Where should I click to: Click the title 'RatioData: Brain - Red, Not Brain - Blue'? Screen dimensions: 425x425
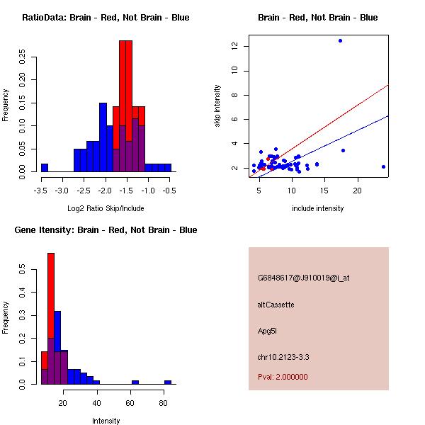pos(106,18)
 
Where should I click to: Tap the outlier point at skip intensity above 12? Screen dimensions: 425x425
pos(340,41)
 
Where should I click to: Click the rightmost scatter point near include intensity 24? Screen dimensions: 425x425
pos(383,166)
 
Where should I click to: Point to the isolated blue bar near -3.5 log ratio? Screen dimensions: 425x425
pos(45,168)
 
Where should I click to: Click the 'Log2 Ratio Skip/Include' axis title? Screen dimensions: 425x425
pos(106,208)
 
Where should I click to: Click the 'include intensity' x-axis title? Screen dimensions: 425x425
pos(318,208)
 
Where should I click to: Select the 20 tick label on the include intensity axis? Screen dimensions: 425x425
pos(358,191)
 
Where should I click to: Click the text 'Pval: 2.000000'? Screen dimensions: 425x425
pos(283,377)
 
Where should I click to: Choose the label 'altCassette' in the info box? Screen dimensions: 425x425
pos(276,305)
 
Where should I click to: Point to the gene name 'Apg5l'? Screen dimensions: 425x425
pos(268,331)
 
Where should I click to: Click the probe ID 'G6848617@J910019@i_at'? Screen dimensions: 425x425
pos(303,278)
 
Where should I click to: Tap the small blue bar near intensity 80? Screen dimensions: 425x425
pos(168,382)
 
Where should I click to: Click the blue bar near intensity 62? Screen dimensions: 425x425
pos(135,382)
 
